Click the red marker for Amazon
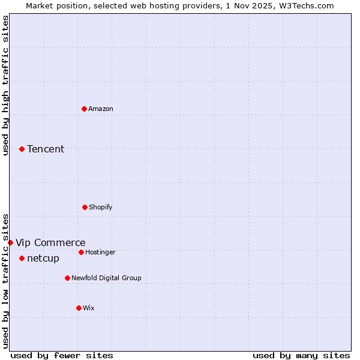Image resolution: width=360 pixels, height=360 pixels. [84, 109]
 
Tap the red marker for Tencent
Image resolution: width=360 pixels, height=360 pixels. [22, 149]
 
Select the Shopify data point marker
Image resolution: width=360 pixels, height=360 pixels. [85, 207]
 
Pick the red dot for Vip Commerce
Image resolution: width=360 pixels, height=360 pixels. [10, 242]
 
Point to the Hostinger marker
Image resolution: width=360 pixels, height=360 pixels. [81, 252]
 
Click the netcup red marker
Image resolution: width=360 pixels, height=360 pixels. [22, 258]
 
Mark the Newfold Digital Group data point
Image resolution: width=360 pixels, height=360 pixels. [67, 278]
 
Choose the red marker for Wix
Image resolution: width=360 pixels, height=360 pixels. [79, 308]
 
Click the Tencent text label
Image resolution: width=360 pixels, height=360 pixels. [46, 149]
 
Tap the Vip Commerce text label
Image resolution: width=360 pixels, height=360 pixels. [50, 242]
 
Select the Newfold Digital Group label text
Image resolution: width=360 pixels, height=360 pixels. [106, 278]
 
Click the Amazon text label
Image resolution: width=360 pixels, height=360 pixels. [101, 109]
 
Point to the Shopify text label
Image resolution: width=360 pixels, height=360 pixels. [101, 207]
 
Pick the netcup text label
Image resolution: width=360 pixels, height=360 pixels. [43, 258]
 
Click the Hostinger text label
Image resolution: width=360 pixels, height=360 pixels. [100, 252]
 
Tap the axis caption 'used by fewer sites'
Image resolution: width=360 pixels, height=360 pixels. [62, 355]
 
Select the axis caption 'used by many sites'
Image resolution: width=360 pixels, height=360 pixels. [301, 355]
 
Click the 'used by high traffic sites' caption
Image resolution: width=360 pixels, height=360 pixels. [5, 85]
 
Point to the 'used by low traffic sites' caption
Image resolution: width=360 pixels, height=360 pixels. [5, 280]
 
